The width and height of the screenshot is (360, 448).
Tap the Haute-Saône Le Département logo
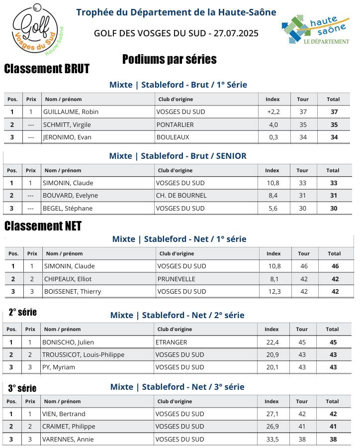click(315, 30)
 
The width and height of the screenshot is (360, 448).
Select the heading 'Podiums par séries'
click(169, 60)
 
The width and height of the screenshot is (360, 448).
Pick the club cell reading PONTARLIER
click(175, 124)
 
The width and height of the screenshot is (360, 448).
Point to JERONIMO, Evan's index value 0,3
click(273, 137)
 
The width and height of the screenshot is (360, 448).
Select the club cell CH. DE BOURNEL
click(180, 196)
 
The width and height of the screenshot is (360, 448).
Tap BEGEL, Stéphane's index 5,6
click(273, 209)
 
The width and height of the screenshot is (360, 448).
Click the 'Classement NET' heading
click(43, 226)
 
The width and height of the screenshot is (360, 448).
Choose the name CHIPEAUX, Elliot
click(68, 279)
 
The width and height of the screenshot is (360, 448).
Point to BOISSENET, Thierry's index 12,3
click(274, 292)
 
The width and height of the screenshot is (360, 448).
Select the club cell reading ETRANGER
click(171, 342)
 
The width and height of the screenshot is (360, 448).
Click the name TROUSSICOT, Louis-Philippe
click(83, 355)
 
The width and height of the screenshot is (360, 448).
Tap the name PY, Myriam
click(58, 367)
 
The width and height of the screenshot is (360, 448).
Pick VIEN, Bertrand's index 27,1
click(272, 414)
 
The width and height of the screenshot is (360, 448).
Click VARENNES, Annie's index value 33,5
click(272, 440)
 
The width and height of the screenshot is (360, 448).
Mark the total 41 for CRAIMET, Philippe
click(333, 427)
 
